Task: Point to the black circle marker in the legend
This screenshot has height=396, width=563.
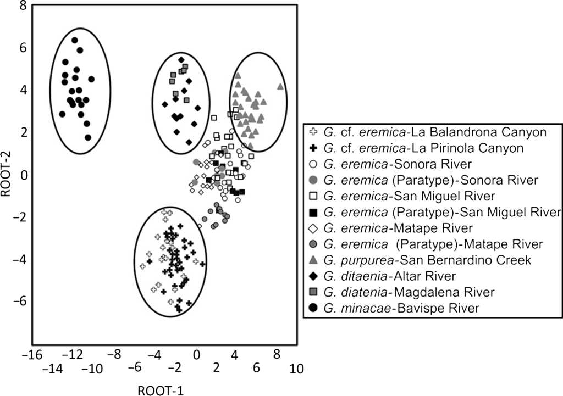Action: (x=313, y=309)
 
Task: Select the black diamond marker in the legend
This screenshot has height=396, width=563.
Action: (x=313, y=276)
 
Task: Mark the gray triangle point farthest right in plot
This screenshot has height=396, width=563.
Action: (x=280, y=86)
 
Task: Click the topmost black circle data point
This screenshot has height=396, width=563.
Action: (x=75, y=40)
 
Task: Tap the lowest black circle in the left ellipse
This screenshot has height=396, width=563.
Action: (x=88, y=137)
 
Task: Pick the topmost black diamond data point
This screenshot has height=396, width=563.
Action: (x=181, y=59)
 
